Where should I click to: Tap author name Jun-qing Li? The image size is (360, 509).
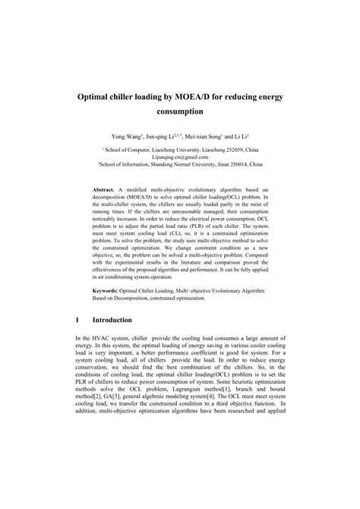click(x=160, y=137)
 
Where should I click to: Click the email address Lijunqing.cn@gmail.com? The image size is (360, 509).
click(x=180, y=157)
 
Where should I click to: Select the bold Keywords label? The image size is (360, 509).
click(x=108, y=291)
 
